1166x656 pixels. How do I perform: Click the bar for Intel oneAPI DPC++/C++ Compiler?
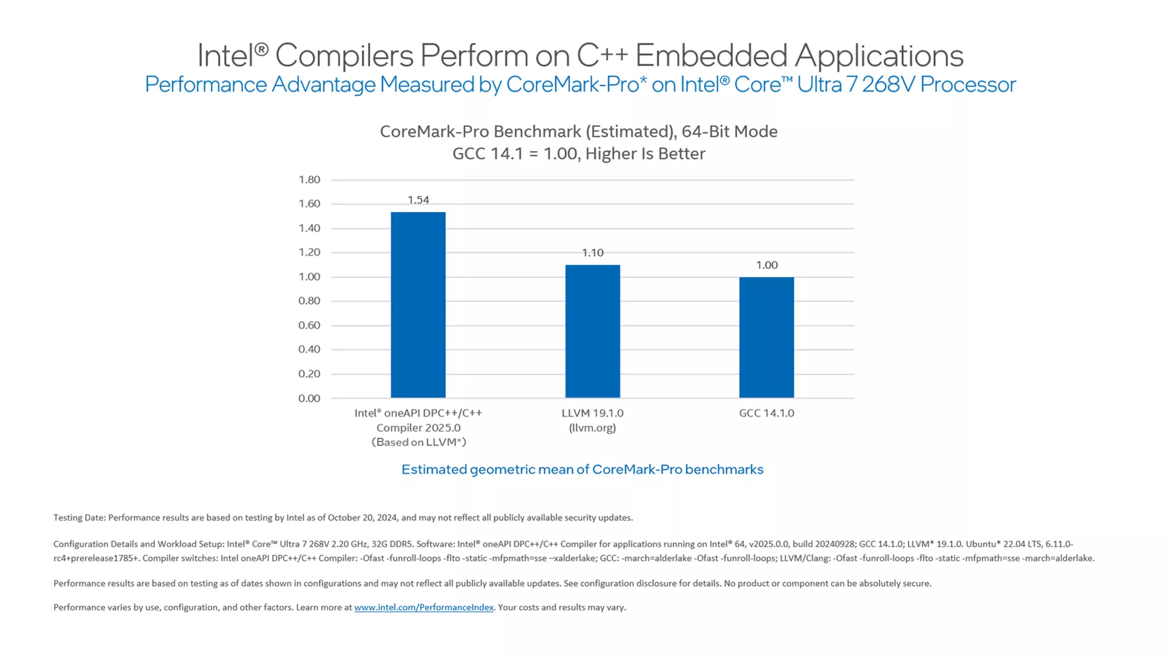pyautogui.click(x=418, y=305)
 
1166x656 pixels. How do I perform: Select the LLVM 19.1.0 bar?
pyautogui.click(x=593, y=331)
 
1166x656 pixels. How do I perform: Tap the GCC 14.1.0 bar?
pyautogui.click(x=766, y=337)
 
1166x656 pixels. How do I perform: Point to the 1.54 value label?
pyautogui.click(x=418, y=200)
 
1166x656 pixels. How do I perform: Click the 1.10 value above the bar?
pyautogui.click(x=593, y=253)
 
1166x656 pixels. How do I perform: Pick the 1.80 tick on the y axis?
pyautogui.click(x=309, y=180)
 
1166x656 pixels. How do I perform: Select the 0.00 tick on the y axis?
pyautogui.click(x=309, y=398)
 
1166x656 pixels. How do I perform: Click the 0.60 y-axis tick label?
pyautogui.click(x=309, y=326)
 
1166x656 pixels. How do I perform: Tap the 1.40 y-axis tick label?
pyautogui.click(x=309, y=228)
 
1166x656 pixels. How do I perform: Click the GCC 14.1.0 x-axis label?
pyautogui.click(x=766, y=413)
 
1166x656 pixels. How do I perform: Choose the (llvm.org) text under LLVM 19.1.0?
pyautogui.click(x=593, y=428)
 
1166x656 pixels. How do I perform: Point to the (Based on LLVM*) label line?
pyautogui.click(x=419, y=442)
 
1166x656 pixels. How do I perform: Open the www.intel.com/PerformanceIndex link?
pyautogui.click(x=424, y=607)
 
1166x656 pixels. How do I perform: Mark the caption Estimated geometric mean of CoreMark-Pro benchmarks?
pyautogui.click(x=582, y=470)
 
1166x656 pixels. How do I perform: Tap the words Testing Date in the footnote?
pyautogui.click(x=80, y=518)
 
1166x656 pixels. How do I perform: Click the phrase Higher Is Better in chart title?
pyautogui.click(x=646, y=154)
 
